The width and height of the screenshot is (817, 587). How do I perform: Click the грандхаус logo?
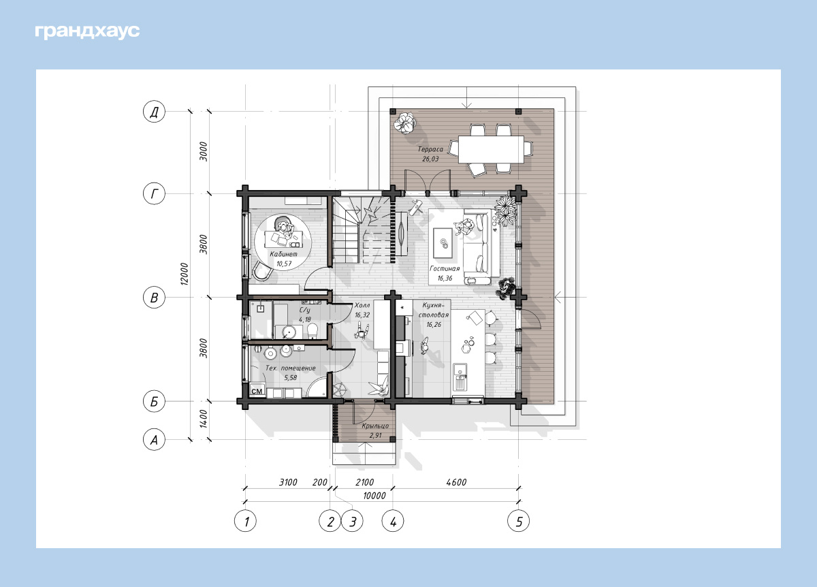[87, 32]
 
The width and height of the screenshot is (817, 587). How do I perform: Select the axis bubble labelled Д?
[154, 111]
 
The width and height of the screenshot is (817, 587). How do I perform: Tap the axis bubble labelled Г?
[154, 193]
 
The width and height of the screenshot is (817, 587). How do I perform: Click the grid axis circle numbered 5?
[518, 521]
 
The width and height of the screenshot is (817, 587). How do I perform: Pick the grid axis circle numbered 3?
[352, 521]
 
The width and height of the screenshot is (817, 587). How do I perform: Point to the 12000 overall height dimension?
[185, 274]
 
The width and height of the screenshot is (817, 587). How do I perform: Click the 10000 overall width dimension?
[374, 496]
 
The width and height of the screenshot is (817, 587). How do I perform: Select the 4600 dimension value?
[456, 482]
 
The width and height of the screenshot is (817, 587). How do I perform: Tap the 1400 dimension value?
[204, 419]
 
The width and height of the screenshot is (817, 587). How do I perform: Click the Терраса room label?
[430, 149]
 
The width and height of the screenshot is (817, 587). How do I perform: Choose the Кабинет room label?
[283, 254]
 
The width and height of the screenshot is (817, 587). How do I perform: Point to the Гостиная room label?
[445, 268]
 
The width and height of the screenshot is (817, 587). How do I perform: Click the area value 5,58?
[291, 377]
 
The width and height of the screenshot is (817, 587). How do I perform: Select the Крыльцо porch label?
[375, 426]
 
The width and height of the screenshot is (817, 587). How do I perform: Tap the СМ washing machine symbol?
[257, 391]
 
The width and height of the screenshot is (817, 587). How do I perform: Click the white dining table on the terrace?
[491, 149]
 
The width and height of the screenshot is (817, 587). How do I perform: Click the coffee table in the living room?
[443, 242]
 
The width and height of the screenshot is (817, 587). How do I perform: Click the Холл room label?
[362, 305]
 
